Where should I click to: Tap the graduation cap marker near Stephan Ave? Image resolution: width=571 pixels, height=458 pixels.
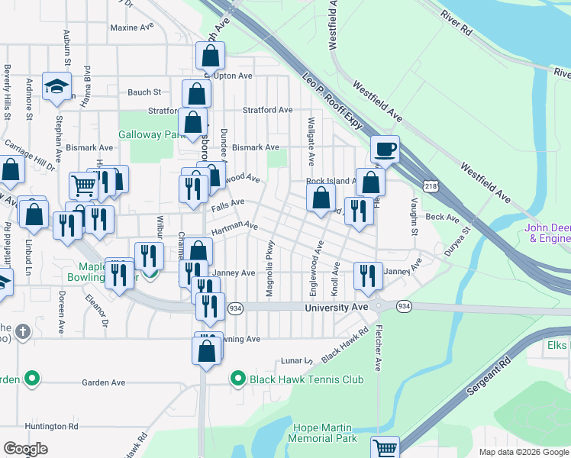point(56,86)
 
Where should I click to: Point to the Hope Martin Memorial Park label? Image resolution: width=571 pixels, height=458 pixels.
point(322,432)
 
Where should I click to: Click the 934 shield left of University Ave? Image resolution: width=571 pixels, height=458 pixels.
point(235,307)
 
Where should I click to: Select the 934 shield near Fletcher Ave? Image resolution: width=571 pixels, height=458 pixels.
point(403,306)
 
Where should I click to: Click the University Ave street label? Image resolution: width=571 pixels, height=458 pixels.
point(336,307)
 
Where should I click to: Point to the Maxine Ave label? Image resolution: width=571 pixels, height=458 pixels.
point(132,27)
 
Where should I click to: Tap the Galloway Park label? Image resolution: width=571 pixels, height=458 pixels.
point(153,134)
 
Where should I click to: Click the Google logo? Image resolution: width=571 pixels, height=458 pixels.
point(26,449)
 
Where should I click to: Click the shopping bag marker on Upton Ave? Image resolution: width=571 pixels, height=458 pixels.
point(210,56)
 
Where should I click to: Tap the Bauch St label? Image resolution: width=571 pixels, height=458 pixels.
point(144,92)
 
